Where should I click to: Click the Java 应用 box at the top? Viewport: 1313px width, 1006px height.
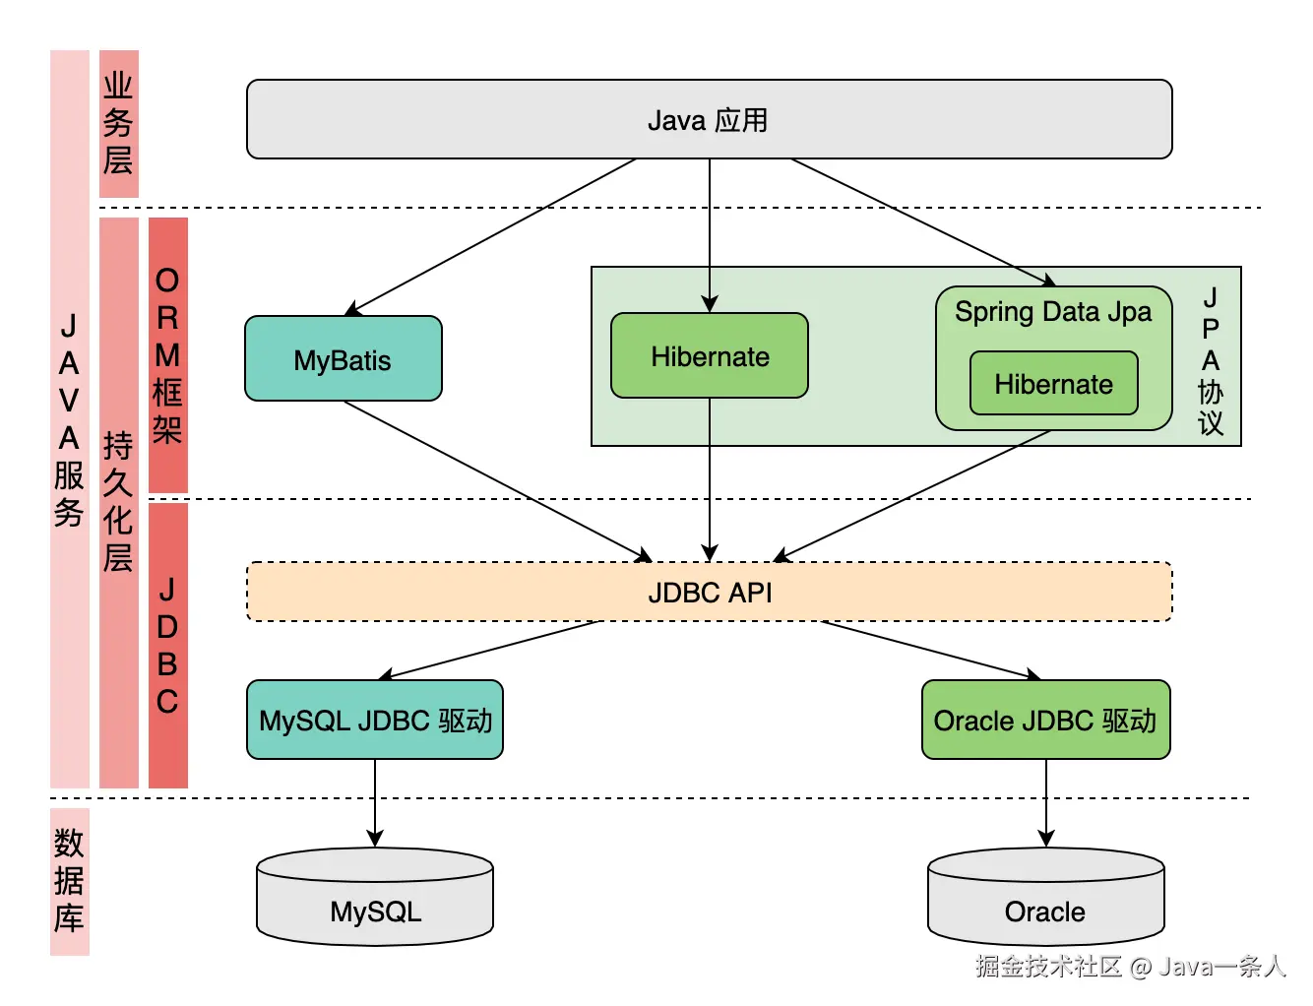coord(709,119)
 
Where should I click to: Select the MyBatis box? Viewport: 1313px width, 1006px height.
coord(343,359)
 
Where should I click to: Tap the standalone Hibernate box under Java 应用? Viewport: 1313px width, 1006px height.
coord(709,356)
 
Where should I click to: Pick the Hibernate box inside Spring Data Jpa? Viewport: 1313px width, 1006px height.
coord(1053,384)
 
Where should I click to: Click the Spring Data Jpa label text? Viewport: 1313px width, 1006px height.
coord(1052,312)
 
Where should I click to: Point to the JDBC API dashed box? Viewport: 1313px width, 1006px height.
coord(709,593)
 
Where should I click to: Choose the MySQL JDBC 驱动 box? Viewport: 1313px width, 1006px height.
coord(375,721)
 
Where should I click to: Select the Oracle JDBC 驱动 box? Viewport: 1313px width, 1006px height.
coord(1045,721)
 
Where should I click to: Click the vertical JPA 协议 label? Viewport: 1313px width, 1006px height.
coord(1211,360)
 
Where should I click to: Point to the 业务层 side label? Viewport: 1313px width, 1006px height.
coord(118,124)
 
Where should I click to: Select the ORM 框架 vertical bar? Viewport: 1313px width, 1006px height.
coord(167,354)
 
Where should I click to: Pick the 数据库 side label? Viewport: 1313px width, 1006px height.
coord(69,881)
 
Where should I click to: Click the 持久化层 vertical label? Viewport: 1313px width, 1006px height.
coord(118,502)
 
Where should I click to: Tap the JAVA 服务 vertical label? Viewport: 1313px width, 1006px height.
coord(69,419)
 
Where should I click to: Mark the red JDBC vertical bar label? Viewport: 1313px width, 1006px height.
coord(167,645)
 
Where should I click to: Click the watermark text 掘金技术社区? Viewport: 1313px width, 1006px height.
coord(1049,967)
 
